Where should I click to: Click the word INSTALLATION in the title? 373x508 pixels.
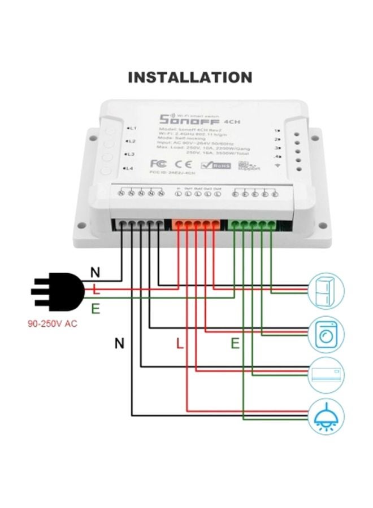pyautogui.click(x=190, y=77)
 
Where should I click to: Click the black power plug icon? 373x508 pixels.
pyautogui.click(x=57, y=291)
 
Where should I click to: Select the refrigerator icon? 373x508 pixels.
pyautogui.click(x=326, y=290)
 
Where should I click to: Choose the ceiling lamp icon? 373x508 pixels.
pyautogui.click(x=326, y=416)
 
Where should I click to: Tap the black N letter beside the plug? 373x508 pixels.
pyautogui.click(x=95, y=273)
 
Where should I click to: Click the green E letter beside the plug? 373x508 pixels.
pyautogui.click(x=95, y=308)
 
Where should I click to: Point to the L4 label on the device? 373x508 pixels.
pyautogui.click(x=128, y=168)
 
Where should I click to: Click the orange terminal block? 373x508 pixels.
pyautogui.click(x=196, y=225)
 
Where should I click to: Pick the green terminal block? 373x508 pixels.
pyautogui.click(x=252, y=225)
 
